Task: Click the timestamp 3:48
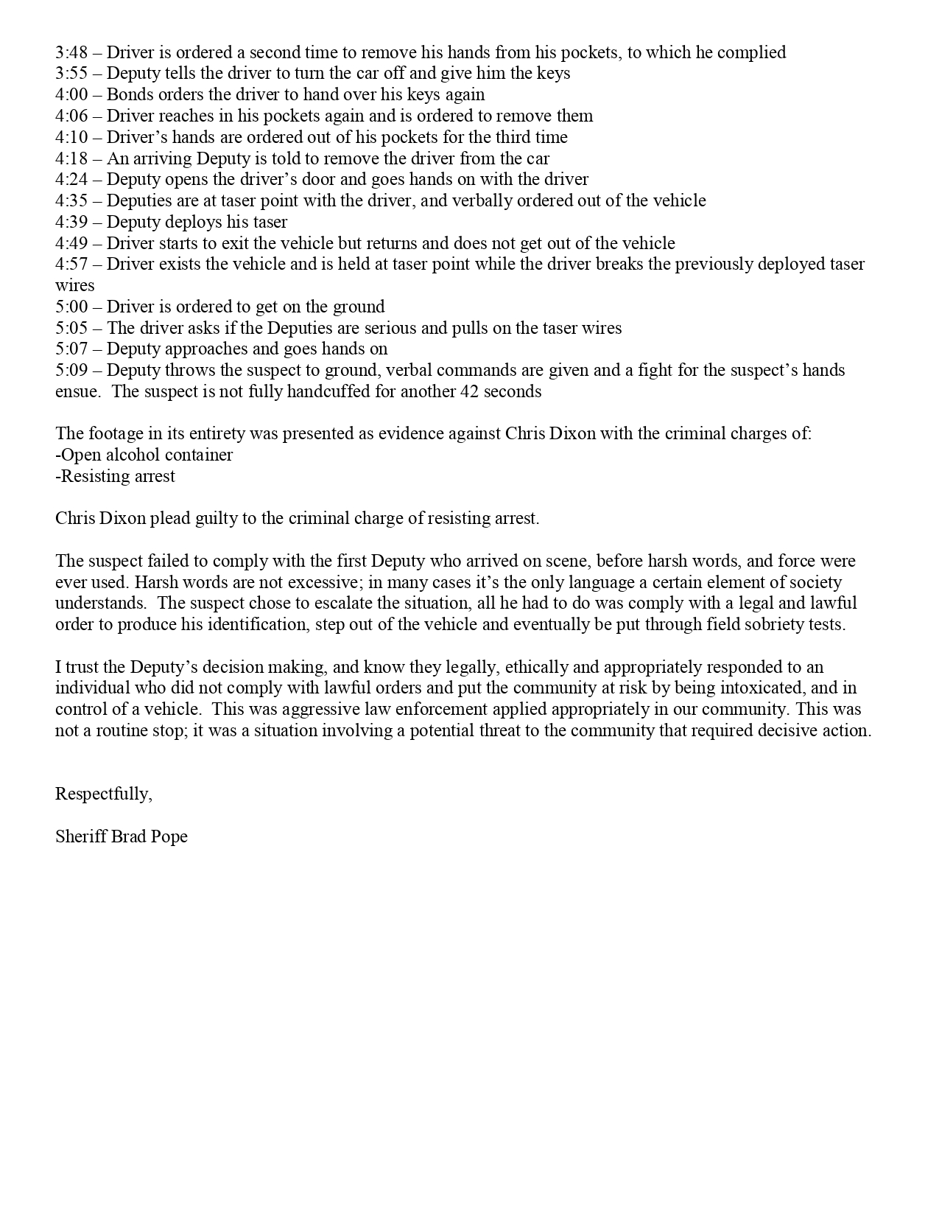71,52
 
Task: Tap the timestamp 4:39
71,222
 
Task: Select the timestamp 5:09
71,370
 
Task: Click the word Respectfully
103,794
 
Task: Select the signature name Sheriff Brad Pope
122,836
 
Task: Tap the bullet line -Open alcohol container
144,455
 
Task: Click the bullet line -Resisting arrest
116,476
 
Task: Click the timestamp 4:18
71,158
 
